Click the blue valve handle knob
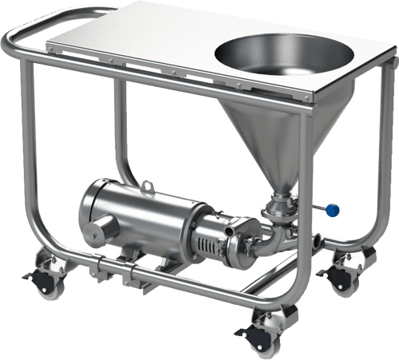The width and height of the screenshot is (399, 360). pos(331,211)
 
